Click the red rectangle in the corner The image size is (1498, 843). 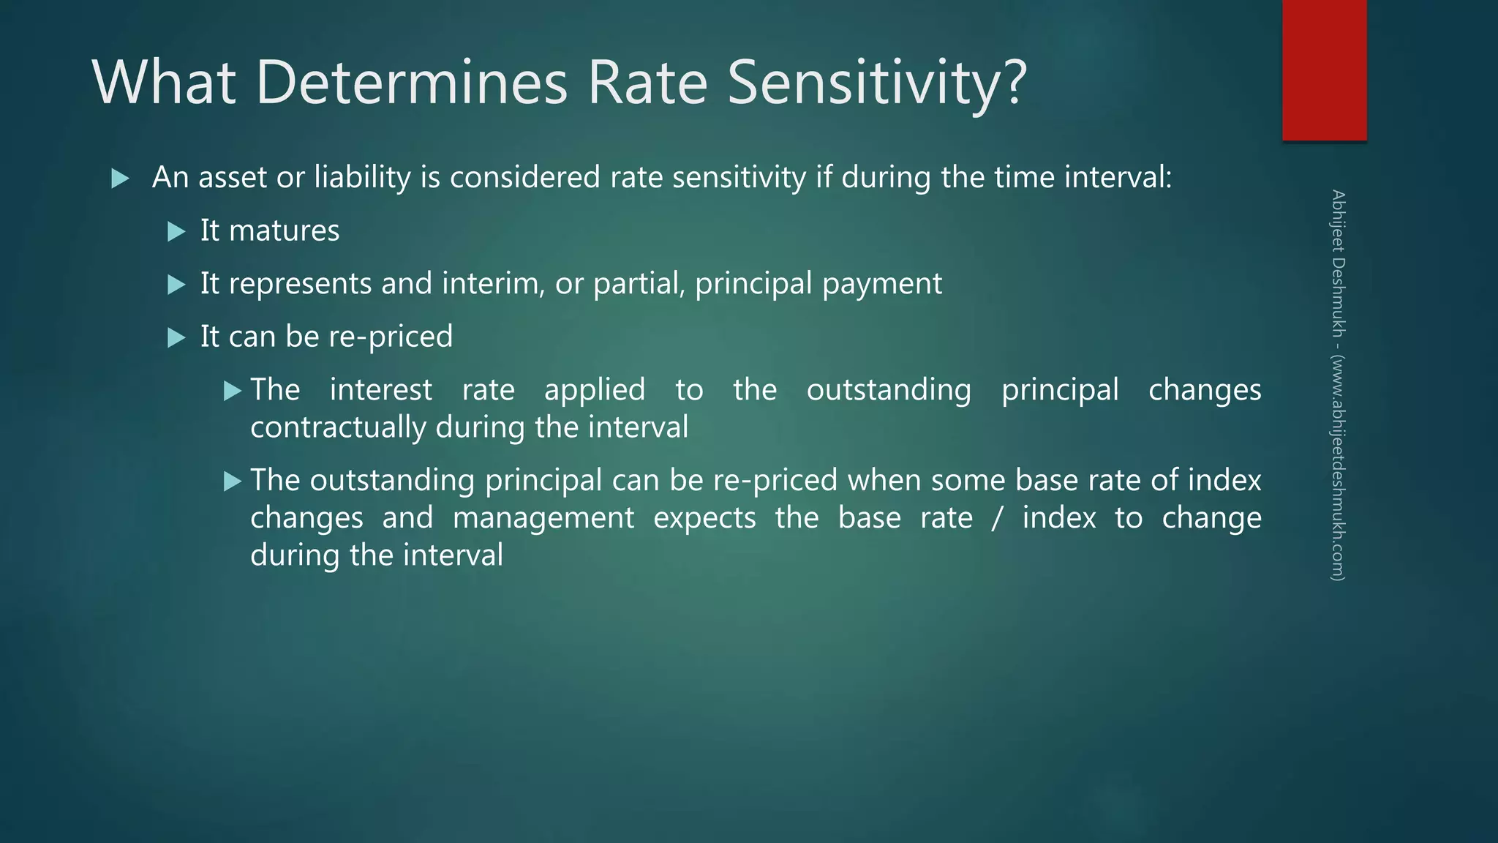point(1324,70)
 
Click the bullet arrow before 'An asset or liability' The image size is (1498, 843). point(121,179)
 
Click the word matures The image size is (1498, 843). point(284,231)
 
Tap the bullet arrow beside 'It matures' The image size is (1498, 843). point(176,232)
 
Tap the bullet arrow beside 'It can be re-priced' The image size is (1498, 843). point(176,337)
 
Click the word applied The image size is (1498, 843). point(594,390)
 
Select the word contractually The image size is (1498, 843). point(338,427)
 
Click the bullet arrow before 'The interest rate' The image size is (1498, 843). point(232,391)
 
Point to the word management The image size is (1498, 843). point(543,518)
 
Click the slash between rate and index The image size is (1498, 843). point(997,518)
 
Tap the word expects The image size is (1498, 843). point(704,518)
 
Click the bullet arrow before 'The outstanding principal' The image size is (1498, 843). point(232,482)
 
